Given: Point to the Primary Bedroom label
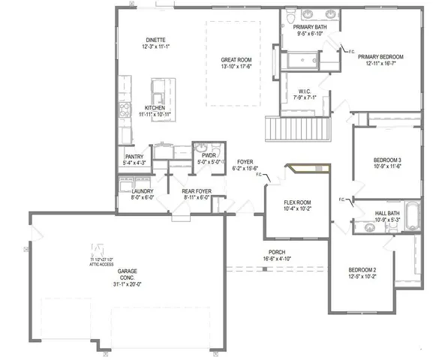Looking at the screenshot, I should (380, 57).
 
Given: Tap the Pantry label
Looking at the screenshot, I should (134, 157).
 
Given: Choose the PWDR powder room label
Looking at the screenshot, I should (205, 156).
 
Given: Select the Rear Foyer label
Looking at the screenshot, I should (197, 191).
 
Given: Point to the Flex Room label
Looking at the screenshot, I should (297, 203).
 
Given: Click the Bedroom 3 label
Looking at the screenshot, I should (388, 160).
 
